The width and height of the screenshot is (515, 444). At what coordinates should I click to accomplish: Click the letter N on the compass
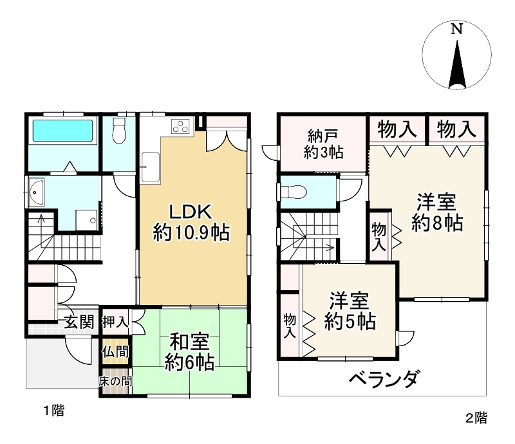click(456, 29)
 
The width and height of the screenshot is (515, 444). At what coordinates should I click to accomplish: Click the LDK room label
click(191, 212)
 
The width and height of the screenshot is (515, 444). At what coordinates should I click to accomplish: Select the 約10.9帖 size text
click(191, 233)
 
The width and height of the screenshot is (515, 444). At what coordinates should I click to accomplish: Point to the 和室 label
click(189, 342)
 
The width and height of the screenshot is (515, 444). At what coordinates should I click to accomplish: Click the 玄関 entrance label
click(79, 322)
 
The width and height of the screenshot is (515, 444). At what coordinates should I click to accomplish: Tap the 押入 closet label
click(115, 322)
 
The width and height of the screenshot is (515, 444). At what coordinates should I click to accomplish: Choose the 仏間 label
click(115, 352)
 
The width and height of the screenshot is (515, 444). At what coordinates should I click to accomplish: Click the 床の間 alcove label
click(115, 382)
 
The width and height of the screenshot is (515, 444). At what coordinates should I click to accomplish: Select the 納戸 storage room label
click(323, 136)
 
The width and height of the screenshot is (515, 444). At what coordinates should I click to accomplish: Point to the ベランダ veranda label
click(384, 378)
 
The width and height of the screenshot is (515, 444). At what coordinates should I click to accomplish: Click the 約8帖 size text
click(437, 223)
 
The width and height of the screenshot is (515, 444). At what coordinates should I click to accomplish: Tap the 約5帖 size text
click(350, 321)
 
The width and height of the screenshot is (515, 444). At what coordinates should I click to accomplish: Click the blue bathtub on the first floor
click(62, 131)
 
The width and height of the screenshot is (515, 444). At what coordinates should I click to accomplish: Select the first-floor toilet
click(119, 131)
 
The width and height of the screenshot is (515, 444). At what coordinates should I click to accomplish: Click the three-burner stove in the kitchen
click(180, 126)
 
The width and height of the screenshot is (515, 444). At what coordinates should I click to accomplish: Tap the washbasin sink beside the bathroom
click(37, 192)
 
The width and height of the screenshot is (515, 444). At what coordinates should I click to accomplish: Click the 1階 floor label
click(54, 411)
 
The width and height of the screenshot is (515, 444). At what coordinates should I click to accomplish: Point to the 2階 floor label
click(476, 418)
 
